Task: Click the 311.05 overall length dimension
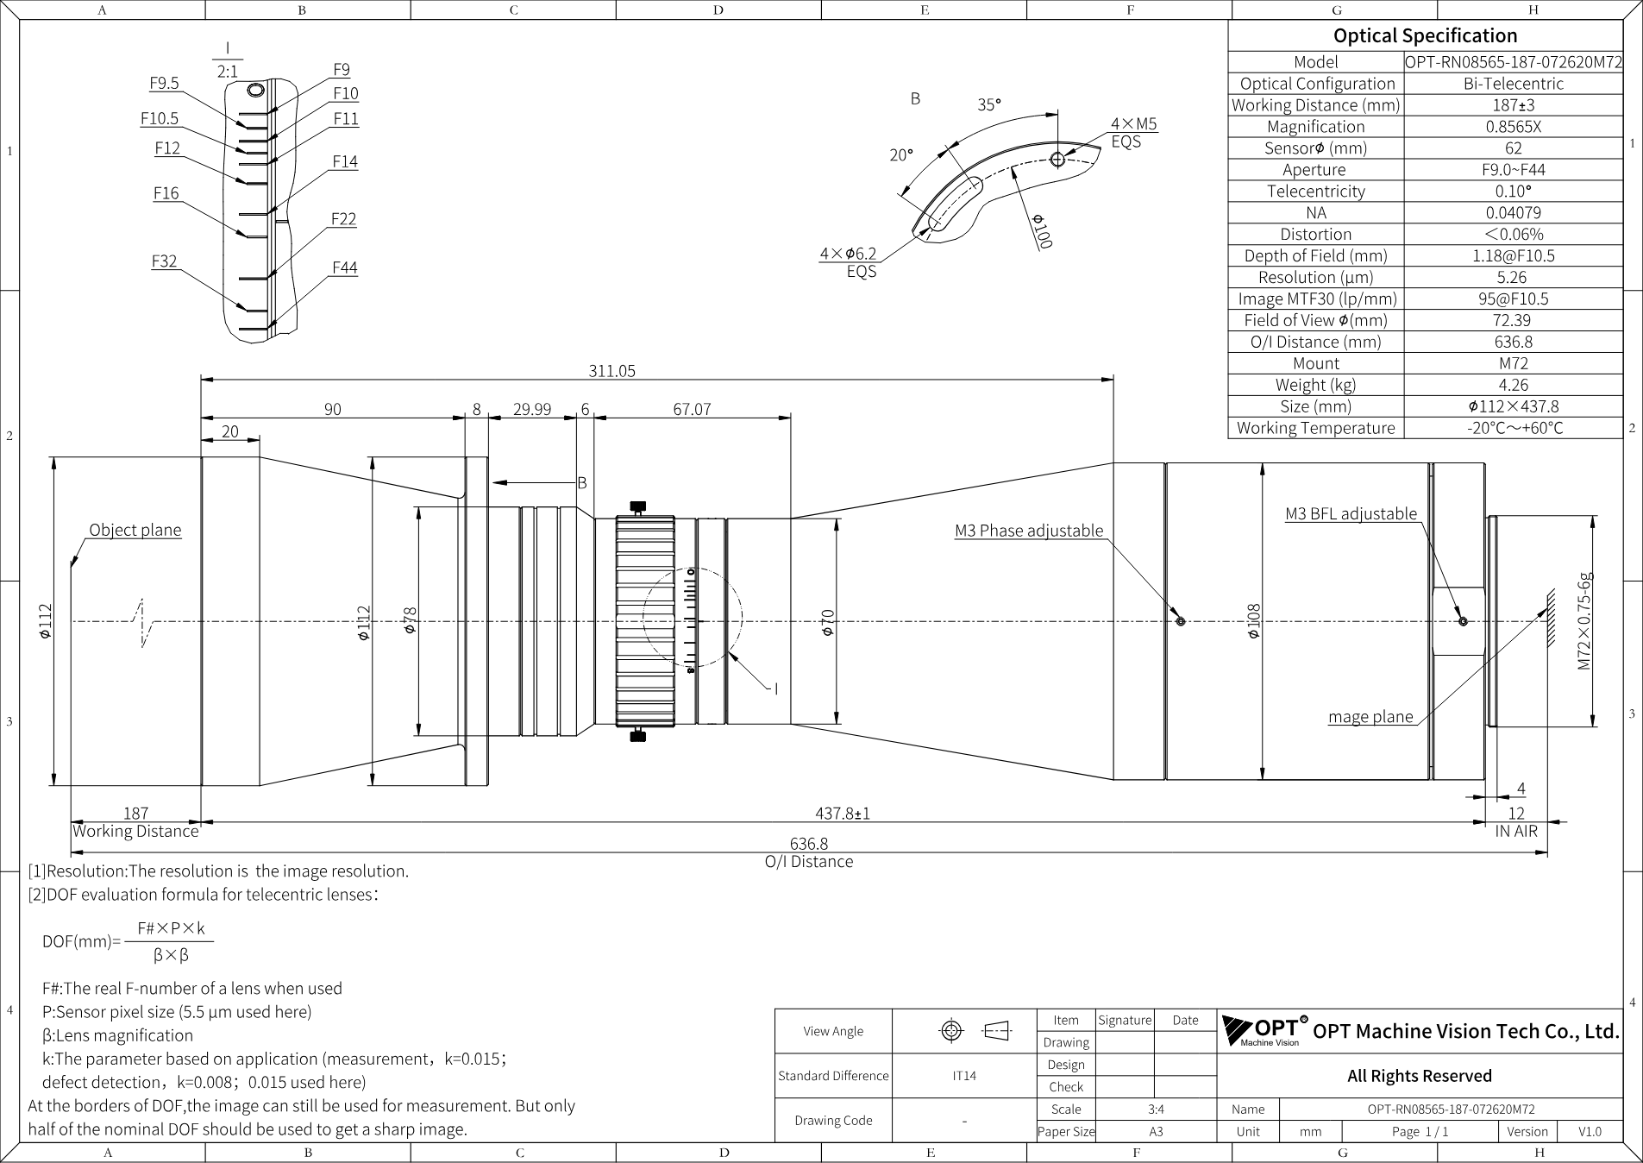(611, 371)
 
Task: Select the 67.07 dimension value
(692, 409)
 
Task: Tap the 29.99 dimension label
(532, 409)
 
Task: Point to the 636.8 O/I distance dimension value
(808, 844)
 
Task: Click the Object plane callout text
(135, 530)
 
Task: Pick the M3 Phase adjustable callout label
(1029, 531)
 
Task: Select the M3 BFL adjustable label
(1351, 513)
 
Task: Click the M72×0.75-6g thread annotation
(1584, 621)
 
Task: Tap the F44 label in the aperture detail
(345, 267)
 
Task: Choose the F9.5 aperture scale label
(164, 83)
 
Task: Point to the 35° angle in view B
(989, 104)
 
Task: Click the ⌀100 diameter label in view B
(1042, 231)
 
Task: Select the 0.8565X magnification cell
(1513, 126)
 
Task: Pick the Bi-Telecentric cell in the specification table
(1513, 84)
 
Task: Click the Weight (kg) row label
(1315, 385)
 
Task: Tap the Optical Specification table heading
(1425, 35)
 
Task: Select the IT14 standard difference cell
(964, 1076)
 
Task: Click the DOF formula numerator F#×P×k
(171, 928)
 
